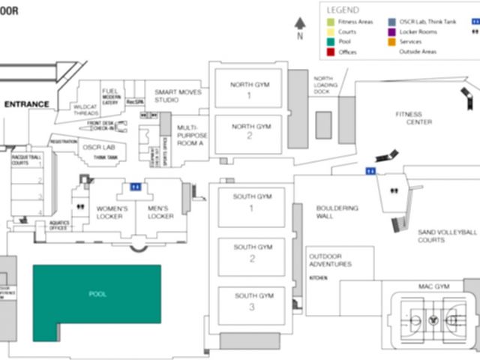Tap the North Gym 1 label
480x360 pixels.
click(x=250, y=90)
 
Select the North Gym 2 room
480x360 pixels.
click(x=250, y=132)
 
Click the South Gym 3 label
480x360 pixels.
click(x=252, y=301)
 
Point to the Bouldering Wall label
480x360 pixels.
click(x=337, y=212)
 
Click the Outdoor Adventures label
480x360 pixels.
click(x=330, y=260)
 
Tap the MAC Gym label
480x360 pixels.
click(x=433, y=286)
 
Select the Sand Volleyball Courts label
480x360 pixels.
click(x=447, y=236)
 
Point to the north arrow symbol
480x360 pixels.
click(x=300, y=25)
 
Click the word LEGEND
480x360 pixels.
click(x=343, y=10)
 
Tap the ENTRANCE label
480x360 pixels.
click(x=27, y=104)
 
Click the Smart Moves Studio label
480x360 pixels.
click(x=178, y=95)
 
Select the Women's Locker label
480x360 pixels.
click(x=112, y=212)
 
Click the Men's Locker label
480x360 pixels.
click(x=160, y=212)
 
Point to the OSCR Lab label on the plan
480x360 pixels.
click(x=97, y=148)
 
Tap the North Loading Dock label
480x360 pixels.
click(x=323, y=85)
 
